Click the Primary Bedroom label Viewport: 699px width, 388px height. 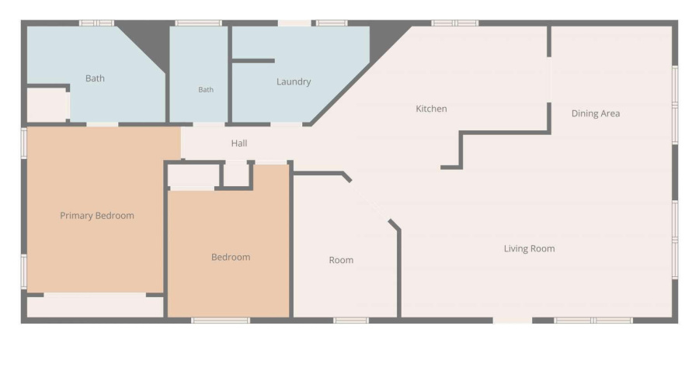pyautogui.click(x=97, y=216)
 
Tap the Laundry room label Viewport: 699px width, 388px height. pyautogui.click(x=294, y=81)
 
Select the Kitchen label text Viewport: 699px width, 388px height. pyautogui.click(x=431, y=109)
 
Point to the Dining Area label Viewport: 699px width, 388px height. pyautogui.click(x=596, y=113)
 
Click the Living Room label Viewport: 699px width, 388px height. pyautogui.click(x=529, y=248)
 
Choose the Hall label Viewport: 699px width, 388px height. pyautogui.click(x=239, y=144)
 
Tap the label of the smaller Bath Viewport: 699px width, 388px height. pyautogui.click(x=206, y=89)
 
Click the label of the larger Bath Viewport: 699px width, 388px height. pyautogui.click(x=95, y=78)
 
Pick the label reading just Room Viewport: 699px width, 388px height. pyautogui.click(x=341, y=260)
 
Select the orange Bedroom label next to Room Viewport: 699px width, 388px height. pyautogui.click(x=231, y=257)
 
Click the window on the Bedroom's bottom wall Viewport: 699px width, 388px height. pyautogui.click(x=221, y=320)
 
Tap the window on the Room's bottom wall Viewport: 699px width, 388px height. pyautogui.click(x=351, y=320)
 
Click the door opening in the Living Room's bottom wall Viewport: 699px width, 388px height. pyautogui.click(x=513, y=320)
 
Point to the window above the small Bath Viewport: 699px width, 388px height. pyautogui.click(x=198, y=23)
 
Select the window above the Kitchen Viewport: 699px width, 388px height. pyautogui.click(x=454, y=23)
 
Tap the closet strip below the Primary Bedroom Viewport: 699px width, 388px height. pyautogui.click(x=95, y=307)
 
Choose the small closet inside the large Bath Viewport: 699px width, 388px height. pyautogui.click(x=47, y=105)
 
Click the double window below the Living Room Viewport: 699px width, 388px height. pyautogui.click(x=593, y=320)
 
